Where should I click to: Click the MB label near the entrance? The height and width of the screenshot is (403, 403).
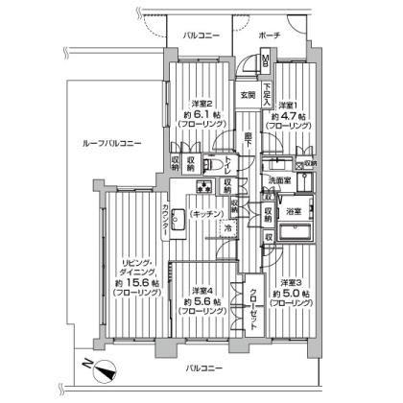(266, 63)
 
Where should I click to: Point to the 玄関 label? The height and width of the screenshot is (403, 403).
(248, 94)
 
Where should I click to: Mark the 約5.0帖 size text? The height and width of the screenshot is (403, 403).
(291, 294)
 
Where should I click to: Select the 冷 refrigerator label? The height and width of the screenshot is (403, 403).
(227, 229)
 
